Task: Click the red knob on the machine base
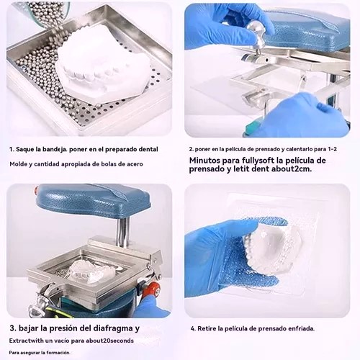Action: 153,289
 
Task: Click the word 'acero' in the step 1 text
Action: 135,164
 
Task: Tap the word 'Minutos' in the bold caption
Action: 204,160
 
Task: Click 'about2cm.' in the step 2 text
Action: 292,169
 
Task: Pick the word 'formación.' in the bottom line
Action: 58,353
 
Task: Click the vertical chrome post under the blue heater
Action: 122,233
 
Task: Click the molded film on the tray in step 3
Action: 91,271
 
